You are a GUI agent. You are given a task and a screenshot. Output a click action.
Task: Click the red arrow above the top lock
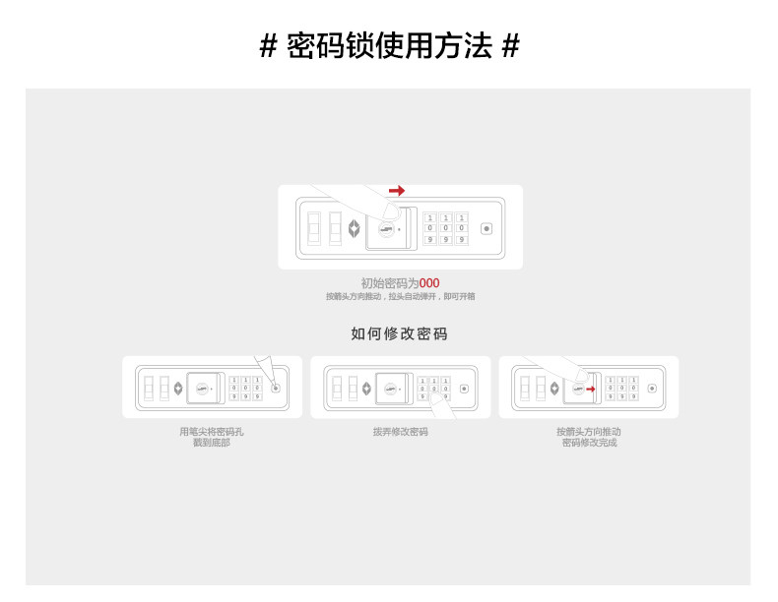coord(397,190)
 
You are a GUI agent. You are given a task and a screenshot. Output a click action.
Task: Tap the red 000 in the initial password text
coord(429,283)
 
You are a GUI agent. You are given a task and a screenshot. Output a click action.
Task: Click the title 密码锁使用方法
coord(389,45)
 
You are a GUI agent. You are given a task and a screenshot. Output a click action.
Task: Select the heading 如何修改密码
coord(399,333)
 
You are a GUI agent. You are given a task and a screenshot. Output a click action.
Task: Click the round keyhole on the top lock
coord(386,231)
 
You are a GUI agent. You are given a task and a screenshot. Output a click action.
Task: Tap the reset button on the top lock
coord(486,229)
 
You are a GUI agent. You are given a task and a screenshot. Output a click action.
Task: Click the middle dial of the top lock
coord(445,228)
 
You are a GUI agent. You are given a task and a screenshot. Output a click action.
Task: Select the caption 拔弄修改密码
coord(400,432)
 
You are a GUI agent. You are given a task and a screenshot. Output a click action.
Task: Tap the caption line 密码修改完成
coord(589,443)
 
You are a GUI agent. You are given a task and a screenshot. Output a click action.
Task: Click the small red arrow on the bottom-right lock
coord(591,389)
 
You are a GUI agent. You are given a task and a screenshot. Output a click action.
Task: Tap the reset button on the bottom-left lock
coord(275,388)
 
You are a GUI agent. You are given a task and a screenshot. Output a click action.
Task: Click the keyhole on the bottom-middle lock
coord(390,389)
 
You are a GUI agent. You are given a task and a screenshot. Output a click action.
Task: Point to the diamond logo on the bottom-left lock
coord(177,388)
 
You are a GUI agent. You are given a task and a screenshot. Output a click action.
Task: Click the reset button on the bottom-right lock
coord(651,388)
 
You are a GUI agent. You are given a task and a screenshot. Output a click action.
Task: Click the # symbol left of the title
coord(268,46)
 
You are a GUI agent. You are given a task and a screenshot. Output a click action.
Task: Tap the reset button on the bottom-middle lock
coord(463,388)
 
